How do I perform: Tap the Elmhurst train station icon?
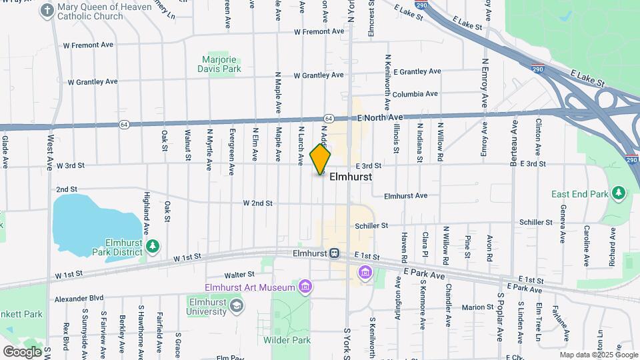click(335, 253)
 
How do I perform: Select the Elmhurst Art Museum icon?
click(306, 287)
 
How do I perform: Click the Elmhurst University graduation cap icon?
click(235, 306)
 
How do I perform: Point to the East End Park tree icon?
click(619, 194)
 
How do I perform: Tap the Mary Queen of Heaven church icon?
click(47, 11)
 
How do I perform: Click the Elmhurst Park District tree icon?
click(153, 247)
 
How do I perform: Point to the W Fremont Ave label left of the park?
click(88, 45)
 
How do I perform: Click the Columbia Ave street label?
click(415, 94)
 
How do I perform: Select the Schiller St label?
click(371, 226)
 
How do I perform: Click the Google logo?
click(22, 351)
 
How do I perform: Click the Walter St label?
click(239, 274)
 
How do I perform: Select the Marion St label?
click(477, 307)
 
